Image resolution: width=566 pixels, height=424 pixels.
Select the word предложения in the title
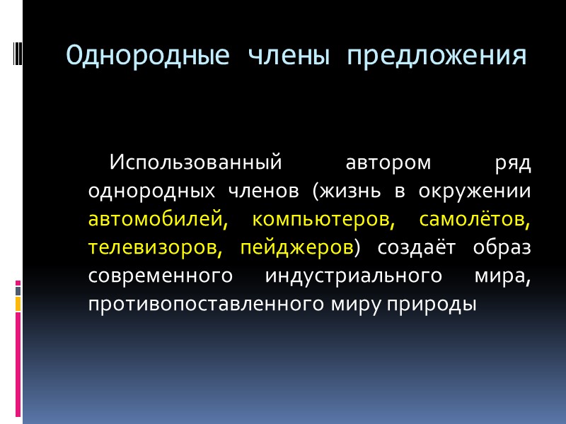coord(437,54)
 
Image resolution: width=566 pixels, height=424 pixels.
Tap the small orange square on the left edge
coord(18,304)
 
